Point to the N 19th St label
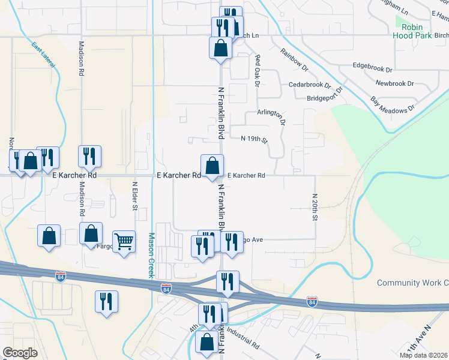coord(253,139)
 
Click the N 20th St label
coord(314,206)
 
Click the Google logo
coord(20,353)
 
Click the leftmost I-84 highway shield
coord(60,277)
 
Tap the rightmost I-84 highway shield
coord(312,301)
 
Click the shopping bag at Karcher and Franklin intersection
coord(212,166)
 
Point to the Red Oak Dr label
coord(257,71)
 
